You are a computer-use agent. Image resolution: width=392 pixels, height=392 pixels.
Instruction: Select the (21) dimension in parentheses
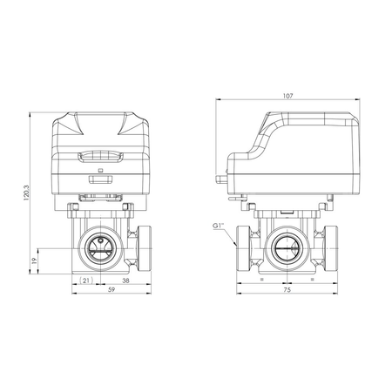click(85, 280)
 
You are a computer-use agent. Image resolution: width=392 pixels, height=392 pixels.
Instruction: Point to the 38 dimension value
click(126, 280)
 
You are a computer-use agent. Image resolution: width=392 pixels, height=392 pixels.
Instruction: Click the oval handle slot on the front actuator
click(104, 158)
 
